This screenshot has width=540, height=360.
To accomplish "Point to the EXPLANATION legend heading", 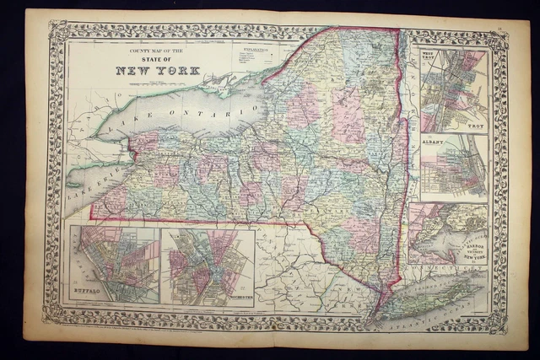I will [256, 51].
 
